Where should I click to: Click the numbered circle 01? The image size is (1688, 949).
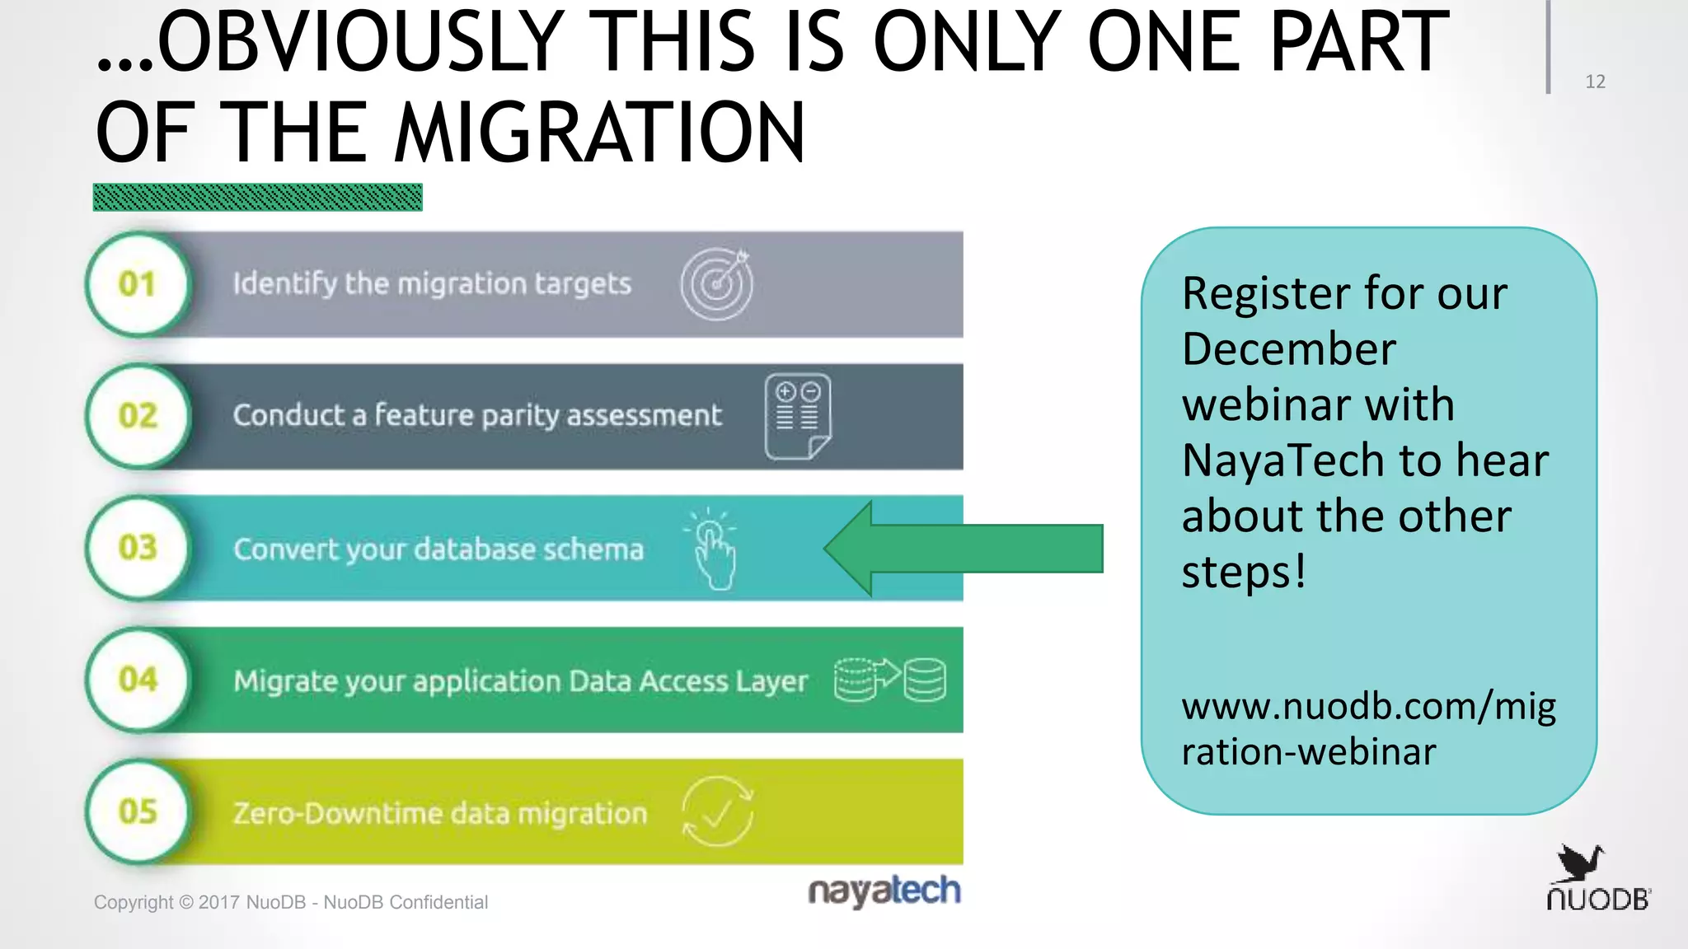point(138,284)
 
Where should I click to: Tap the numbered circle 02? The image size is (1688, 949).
point(138,416)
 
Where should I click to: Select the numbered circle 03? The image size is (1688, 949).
point(138,548)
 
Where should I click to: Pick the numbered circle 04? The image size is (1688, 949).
point(138,680)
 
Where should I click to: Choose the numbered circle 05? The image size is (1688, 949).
point(138,811)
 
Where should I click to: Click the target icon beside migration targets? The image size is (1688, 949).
point(716,284)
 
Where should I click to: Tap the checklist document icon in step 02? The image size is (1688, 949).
point(797,416)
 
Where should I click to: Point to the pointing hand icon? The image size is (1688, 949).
point(713,550)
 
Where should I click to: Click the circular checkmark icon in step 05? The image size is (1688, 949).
point(717,812)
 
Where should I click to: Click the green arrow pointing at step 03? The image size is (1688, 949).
point(963,549)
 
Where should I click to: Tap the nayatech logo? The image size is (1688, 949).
point(884,891)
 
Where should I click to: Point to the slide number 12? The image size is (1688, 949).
point(1595,82)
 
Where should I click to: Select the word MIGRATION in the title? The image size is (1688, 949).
point(599,133)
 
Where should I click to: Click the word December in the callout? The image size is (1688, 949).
point(1289,349)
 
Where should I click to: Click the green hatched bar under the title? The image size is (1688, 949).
point(258,198)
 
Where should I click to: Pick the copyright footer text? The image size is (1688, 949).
point(291,902)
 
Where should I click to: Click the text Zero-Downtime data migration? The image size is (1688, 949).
point(440,814)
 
